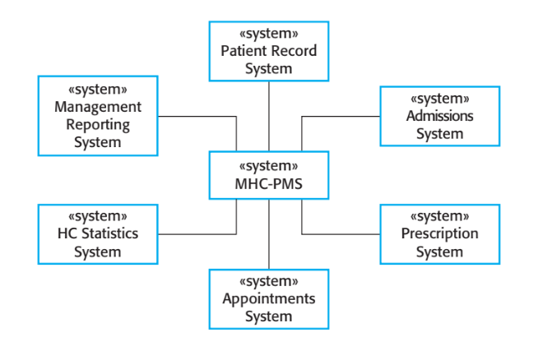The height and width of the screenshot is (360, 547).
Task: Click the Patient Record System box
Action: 269,51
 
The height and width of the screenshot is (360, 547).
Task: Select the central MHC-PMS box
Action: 269,175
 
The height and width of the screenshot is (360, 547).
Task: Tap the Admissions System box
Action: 439,115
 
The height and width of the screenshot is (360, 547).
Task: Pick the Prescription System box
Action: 439,234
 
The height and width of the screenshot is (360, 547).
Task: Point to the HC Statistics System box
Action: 98,234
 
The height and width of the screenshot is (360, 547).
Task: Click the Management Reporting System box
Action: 98,115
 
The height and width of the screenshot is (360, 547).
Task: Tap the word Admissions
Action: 439,116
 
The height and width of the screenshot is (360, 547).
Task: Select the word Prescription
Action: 439,234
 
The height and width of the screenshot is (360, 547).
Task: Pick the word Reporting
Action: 98,125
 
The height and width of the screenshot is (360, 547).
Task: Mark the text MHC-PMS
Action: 269,183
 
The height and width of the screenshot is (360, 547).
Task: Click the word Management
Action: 98,107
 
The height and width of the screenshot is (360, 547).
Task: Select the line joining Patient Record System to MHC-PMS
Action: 269,116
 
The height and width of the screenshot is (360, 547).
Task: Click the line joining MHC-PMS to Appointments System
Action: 269,234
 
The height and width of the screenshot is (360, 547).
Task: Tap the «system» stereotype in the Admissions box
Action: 439,98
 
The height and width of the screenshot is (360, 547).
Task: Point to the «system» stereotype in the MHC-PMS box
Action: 269,165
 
